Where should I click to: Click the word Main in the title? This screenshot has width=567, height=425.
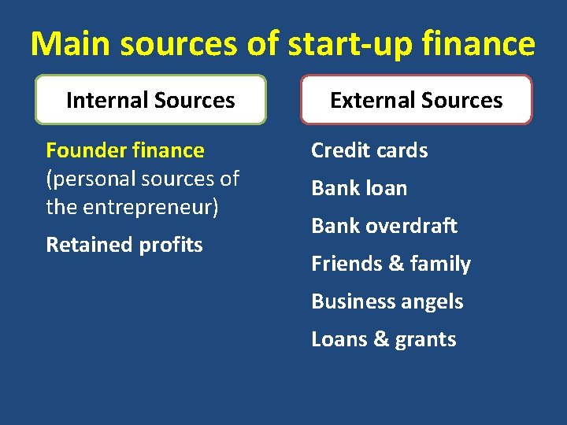point(72,44)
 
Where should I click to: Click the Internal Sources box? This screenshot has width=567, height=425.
point(150,100)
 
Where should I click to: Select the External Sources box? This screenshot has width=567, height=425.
point(416,100)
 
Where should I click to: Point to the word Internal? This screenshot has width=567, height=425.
point(107,101)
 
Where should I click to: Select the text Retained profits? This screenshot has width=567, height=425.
point(124,245)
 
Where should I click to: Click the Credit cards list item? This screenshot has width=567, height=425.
point(369,150)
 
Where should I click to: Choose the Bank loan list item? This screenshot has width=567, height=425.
point(359,188)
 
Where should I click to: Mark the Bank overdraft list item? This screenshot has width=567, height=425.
point(384,226)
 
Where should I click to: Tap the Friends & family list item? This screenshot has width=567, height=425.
point(391,264)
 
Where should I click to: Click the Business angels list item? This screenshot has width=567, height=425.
point(387,301)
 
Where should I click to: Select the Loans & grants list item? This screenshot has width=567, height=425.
point(384,339)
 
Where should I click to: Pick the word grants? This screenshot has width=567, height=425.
point(426,339)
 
